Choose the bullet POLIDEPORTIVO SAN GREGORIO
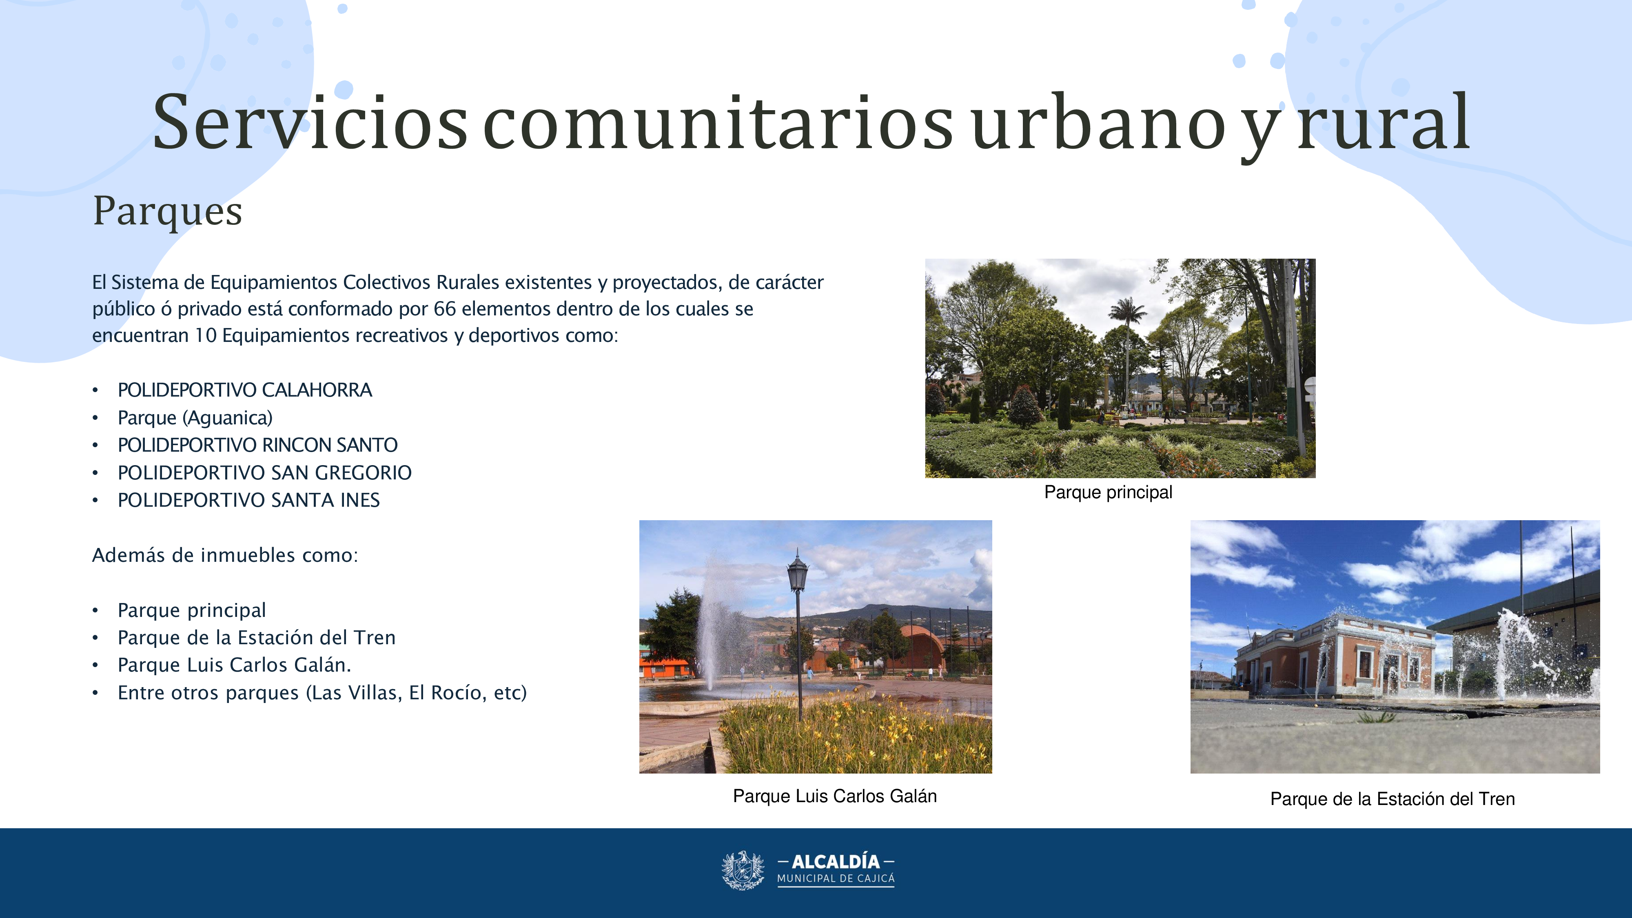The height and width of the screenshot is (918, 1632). (x=264, y=472)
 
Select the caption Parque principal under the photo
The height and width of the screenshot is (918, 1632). (x=1108, y=492)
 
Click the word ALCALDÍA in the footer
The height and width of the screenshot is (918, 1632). (x=836, y=862)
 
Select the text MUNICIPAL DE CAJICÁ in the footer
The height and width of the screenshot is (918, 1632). (x=836, y=879)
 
